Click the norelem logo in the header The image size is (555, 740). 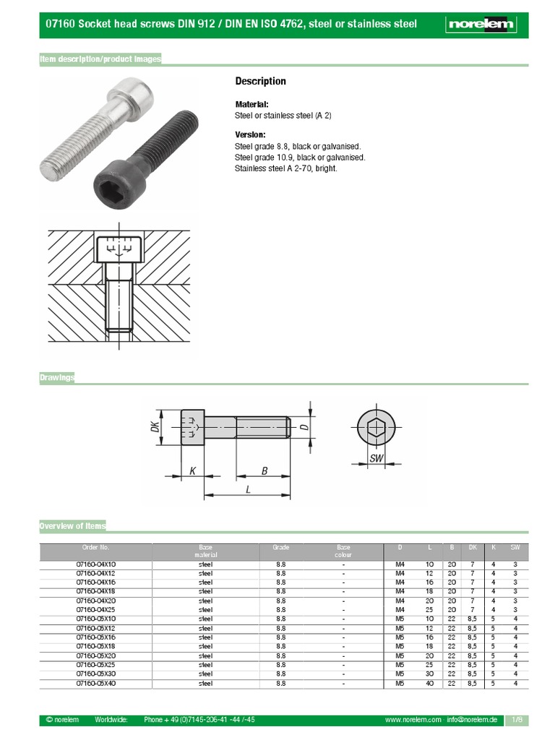pyautogui.click(x=481, y=25)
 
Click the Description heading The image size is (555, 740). pyautogui.click(x=261, y=81)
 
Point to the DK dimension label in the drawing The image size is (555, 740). pyautogui.click(x=154, y=429)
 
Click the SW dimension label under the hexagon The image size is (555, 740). pyautogui.click(x=376, y=459)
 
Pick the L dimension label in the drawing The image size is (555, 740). pyautogui.click(x=248, y=489)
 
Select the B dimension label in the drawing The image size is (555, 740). pyautogui.click(x=264, y=470)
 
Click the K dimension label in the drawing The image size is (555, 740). pyautogui.click(x=193, y=470)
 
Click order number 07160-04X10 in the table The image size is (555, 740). pyautogui.click(x=95, y=564)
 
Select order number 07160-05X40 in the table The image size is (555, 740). pyautogui.click(x=95, y=683)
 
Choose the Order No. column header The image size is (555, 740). pyautogui.click(x=95, y=548)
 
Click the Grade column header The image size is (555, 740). pyautogui.click(x=280, y=548)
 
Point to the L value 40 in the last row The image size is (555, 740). pyautogui.click(x=429, y=683)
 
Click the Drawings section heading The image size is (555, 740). pyautogui.click(x=57, y=378)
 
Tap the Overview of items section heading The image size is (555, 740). pyautogui.click(x=72, y=525)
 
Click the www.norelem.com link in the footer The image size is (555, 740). pyautogui.click(x=413, y=720)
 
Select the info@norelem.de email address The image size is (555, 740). pyautogui.click(x=473, y=720)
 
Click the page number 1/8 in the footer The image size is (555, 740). pyautogui.click(x=517, y=720)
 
